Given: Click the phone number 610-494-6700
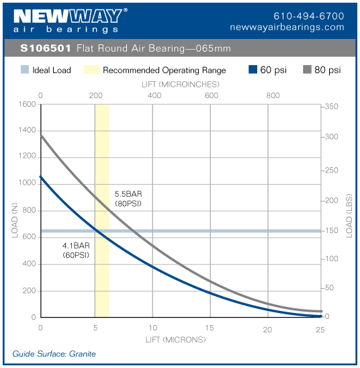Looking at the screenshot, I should click(x=309, y=15).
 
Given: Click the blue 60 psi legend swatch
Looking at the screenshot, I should click(x=253, y=70).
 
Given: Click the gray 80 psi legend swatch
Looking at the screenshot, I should click(x=309, y=70).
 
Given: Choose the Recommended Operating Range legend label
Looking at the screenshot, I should click(x=164, y=70).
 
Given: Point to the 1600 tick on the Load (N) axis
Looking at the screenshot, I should click(x=27, y=105).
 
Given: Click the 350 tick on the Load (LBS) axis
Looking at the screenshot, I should click(x=332, y=107).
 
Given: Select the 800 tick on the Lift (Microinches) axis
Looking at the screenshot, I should click(x=273, y=95).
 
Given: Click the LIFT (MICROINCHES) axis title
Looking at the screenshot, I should click(x=181, y=85).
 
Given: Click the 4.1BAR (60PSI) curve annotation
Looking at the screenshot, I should click(x=76, y=250).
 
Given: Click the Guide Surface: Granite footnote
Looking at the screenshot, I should click(x=54, y=354).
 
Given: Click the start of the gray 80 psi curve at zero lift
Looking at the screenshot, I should click(x=42, y=136).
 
